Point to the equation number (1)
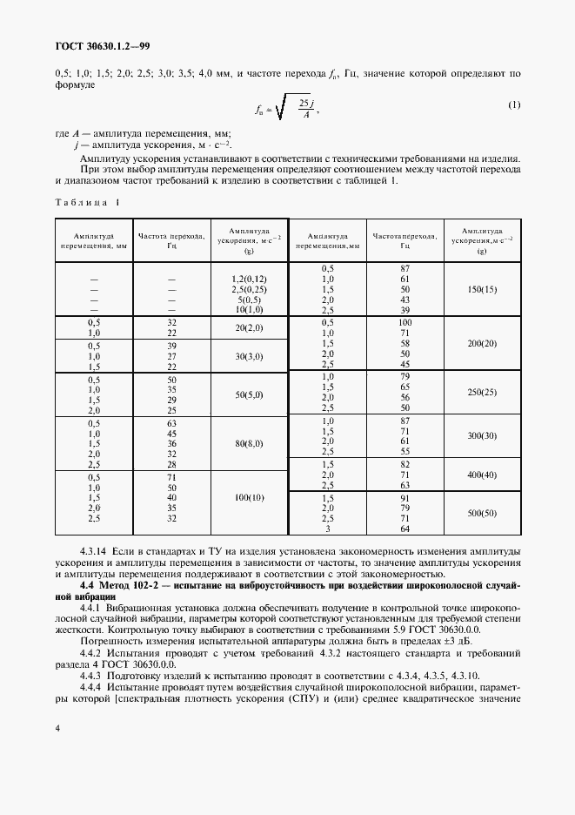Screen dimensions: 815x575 click(x=513, y=105)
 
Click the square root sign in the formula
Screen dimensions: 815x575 click(x=282, y=109)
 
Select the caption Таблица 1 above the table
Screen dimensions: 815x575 click(x=88, y=202)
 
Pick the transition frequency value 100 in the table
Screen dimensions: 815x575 click(x=405, y=322)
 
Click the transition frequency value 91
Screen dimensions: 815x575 click(x=405, y=497)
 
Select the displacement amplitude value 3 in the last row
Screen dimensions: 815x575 click(x=328, y=529)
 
